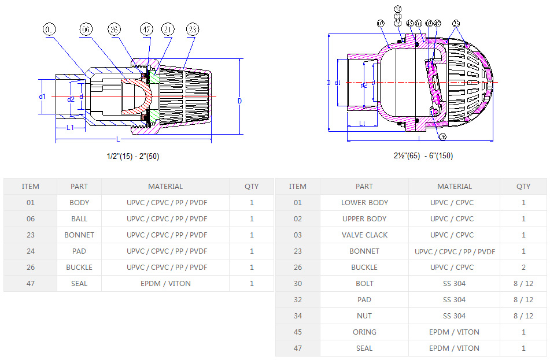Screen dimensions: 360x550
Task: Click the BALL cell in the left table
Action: pos(79,219)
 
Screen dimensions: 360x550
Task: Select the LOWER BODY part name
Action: pos(364,203)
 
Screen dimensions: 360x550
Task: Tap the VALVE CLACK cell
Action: pos(364,235)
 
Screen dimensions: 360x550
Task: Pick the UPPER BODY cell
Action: pos(364,219)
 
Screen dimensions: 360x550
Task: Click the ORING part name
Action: pos(364,332)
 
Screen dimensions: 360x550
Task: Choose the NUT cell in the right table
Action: pos(364,316)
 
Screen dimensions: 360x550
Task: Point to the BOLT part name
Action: pos(364,284)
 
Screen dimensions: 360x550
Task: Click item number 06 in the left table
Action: pos(30,219)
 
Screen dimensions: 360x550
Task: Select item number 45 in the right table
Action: pos(297,332)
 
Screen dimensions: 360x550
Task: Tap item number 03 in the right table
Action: pos(297,235)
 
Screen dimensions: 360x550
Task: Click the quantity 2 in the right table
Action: pos(523,268)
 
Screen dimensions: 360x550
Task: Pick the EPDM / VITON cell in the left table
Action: pos(165,284)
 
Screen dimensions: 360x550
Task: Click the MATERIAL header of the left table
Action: pos(165,187)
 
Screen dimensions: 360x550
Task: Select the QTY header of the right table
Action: pos(523,187)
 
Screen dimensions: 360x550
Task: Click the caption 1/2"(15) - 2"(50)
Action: pos(133,156)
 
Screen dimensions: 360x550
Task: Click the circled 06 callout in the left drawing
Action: pos(86,29)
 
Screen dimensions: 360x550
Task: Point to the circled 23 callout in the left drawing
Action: pos(193,29)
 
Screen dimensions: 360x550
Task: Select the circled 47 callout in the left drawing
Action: pos(146,29)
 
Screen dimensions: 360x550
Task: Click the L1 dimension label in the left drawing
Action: pos(69,128)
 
